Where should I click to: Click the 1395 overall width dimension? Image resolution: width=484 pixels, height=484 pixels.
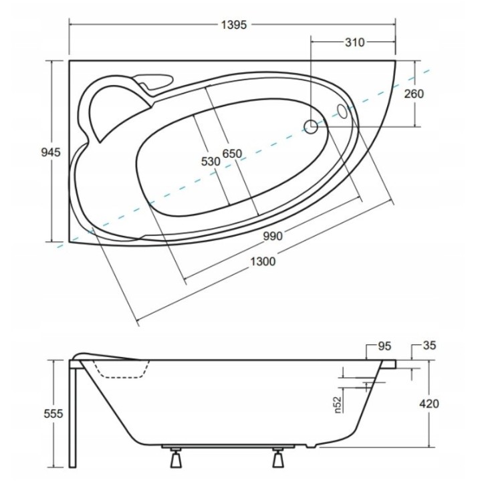coord(234,25)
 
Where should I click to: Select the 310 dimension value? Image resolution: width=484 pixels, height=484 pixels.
coord(354,43)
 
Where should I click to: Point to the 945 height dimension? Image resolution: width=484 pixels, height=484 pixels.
coord(51,152)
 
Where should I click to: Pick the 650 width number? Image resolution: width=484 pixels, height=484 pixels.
coord(232,154)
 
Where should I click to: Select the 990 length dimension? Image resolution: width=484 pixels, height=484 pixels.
coord(273,235)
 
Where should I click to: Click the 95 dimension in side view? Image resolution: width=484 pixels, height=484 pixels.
coord(384,346)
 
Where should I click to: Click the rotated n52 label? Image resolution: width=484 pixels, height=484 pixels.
coord(338,404)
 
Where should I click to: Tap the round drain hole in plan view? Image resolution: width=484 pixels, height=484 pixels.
coord(311,126)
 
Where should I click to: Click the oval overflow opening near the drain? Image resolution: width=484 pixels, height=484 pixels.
coord(342,111)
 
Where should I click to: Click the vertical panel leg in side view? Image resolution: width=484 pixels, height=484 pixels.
coord(73,414)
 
